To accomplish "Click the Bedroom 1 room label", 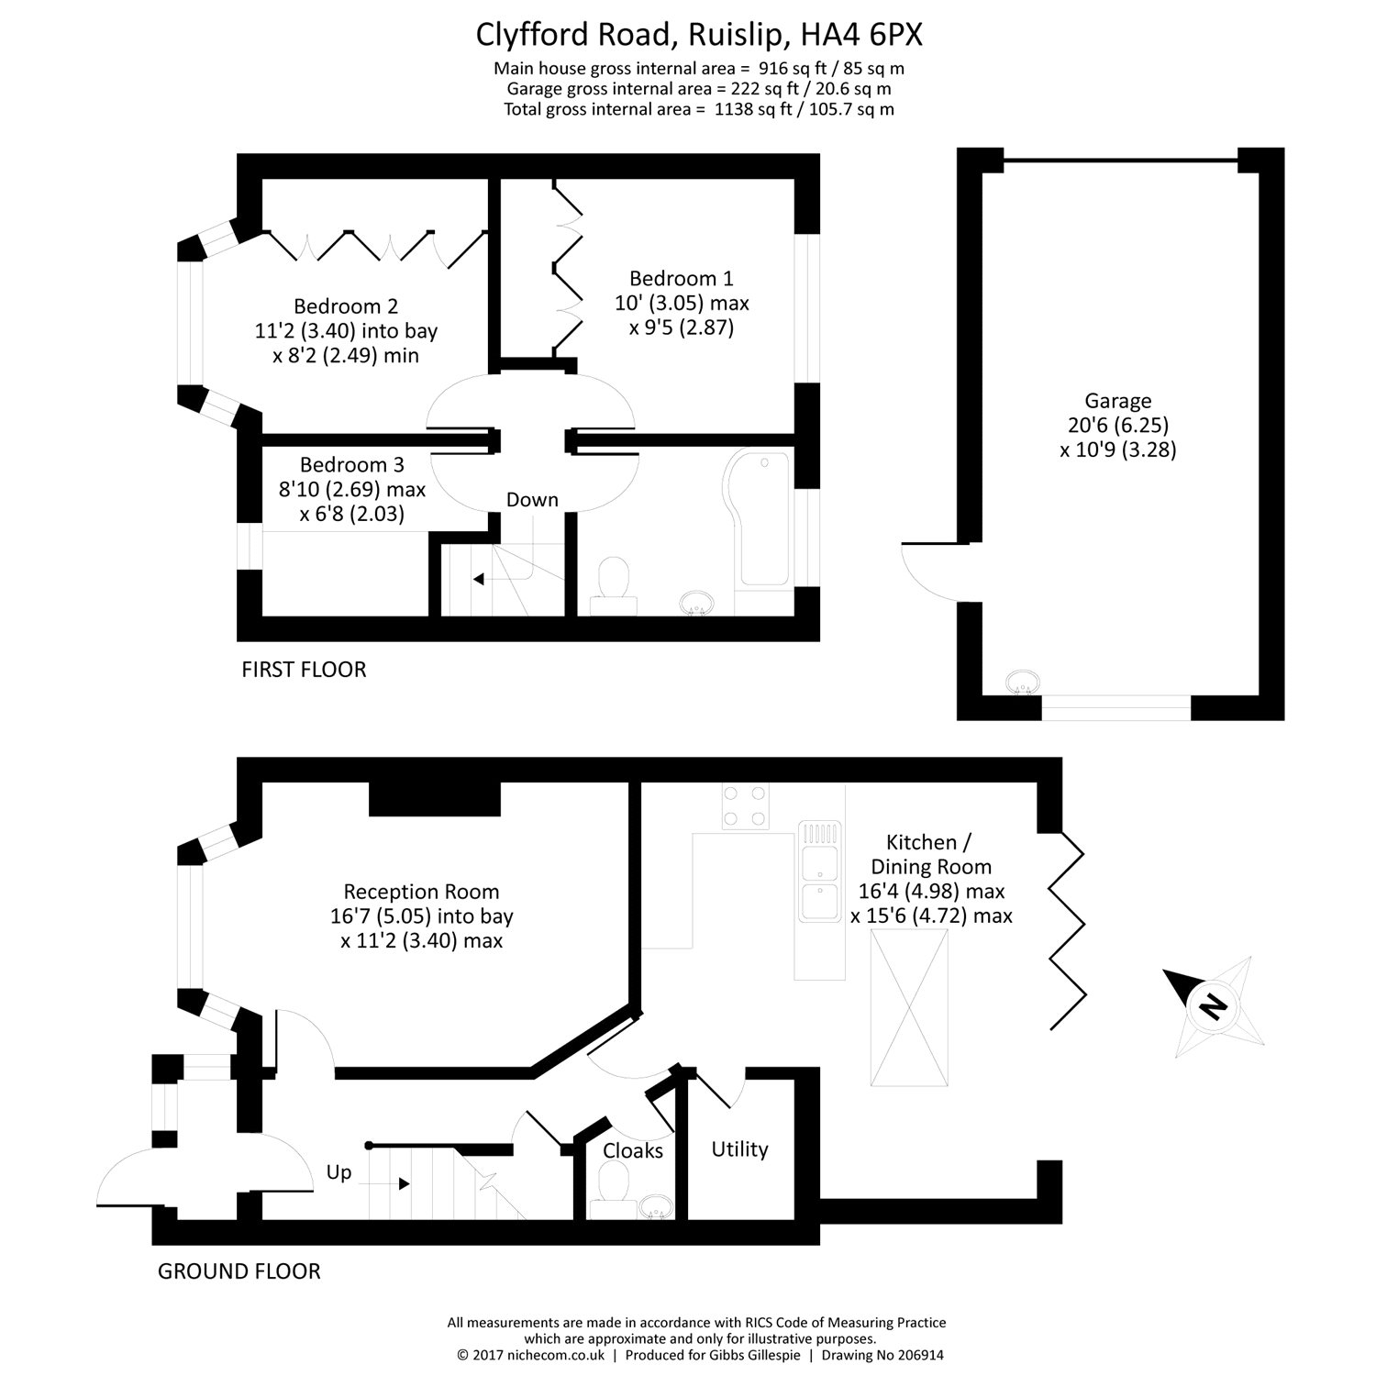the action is point(681,279).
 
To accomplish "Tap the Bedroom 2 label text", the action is point(346,306).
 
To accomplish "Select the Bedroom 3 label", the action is point(351,465).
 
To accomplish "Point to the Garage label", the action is point(1117,401).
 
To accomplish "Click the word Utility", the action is point(739,1149).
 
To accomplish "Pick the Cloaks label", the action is point(633,1150).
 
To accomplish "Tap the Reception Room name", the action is point(421,892).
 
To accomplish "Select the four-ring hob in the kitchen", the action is point(744,806).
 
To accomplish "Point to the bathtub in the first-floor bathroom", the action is point(759,519).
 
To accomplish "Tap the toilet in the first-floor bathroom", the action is point(613,586).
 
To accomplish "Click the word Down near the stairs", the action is point(532,500).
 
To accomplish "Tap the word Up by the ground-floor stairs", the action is point(338,1173).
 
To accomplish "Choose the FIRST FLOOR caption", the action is point(304,670).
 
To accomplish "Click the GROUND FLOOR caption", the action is point(239,1271).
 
